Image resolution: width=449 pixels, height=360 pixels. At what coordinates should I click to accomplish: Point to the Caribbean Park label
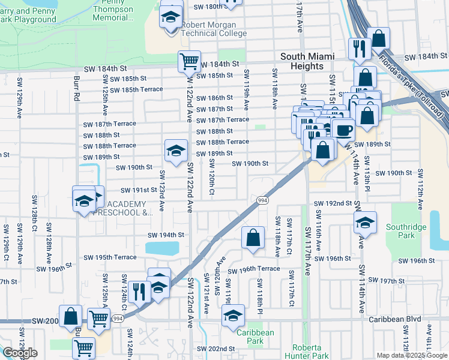pos(255,337)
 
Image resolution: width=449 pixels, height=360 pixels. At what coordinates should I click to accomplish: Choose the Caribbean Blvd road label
pos(393,320)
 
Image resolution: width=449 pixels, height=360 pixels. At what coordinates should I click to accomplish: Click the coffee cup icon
pos(344,130)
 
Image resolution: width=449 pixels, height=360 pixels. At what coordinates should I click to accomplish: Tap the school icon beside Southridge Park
pos(364,223)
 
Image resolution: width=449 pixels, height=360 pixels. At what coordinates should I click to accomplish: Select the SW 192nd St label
pos(332,203)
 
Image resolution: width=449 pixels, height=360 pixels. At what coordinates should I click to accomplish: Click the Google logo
pos(20,353)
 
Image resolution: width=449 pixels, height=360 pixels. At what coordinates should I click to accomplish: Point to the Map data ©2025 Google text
pos(412,355)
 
